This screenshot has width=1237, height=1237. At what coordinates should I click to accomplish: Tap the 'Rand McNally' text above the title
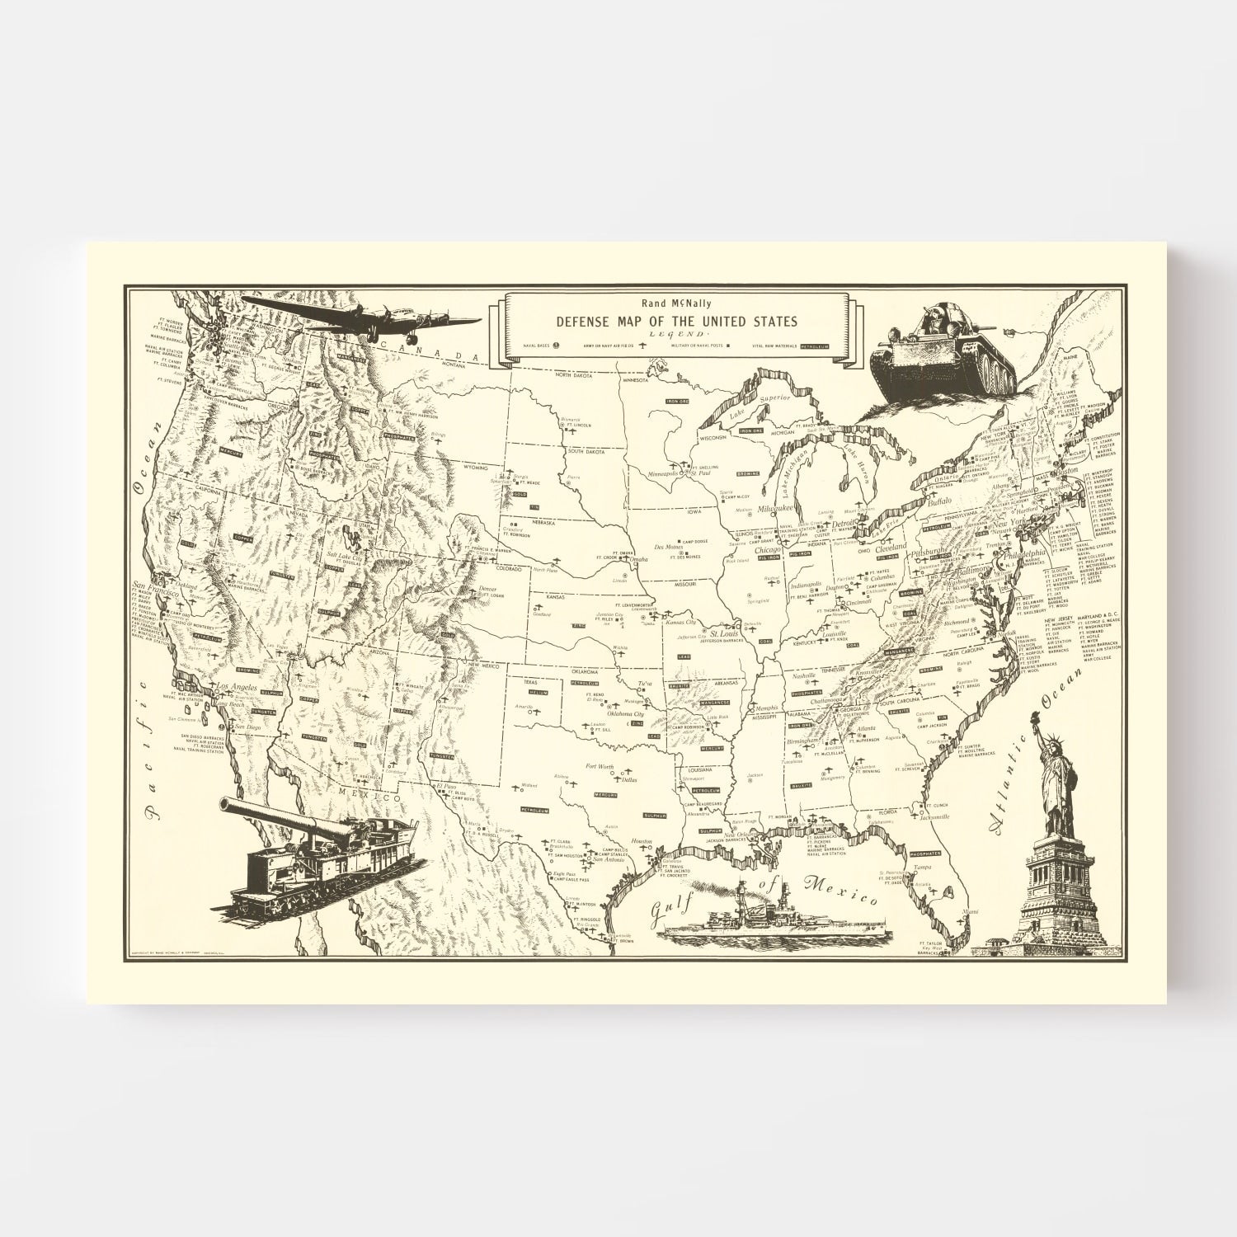[676, 303]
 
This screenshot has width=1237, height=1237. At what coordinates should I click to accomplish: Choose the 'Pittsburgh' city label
[927, 551]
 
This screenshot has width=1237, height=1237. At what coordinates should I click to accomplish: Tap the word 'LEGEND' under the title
[676, 333]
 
